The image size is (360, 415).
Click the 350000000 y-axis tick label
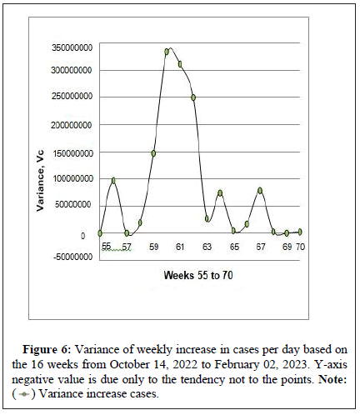pos(72,47)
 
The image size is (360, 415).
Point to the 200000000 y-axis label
pos(72,125)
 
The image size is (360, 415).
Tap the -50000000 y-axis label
pos(73,257)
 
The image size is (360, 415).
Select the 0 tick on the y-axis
pos(82,236)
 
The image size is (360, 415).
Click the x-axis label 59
pos(153,247)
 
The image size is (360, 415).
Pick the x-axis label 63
pos(207,247)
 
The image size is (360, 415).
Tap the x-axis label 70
pos(300,247)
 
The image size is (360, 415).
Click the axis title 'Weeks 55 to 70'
pos(198,275)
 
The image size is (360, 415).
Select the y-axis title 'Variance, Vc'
pos(41,181)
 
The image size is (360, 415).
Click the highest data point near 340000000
pos(167,52)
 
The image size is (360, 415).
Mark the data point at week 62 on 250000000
pos(193,97)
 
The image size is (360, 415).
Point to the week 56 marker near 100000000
pos(113,181)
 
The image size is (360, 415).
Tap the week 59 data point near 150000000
pos(153,153)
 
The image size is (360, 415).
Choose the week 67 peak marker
pos(260,191)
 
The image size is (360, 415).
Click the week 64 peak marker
pos(220,193)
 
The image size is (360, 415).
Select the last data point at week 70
pos(300,232)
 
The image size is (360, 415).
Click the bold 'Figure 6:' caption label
pos(47,350)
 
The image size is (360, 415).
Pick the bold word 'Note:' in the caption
pos(332,379)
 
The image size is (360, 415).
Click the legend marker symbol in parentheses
pos(24,394)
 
